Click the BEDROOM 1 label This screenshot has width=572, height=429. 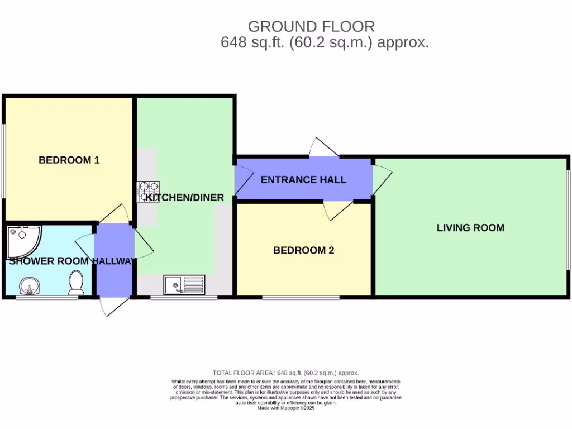[x=69, y=160]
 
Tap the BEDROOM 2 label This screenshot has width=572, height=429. [x=303, y=250]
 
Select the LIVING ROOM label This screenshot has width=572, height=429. [x=470, y=227]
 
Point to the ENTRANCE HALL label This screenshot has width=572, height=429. [x=303, y=179]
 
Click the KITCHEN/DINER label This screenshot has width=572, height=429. [x=185, y=197]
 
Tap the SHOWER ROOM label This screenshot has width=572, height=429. [x=49, y=261]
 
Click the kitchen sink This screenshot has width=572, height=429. [x=184, y=284]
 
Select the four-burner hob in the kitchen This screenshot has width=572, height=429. [x=149, y=192]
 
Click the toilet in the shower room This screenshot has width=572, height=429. [x=75, y=283]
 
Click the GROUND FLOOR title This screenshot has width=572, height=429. [x=311, y=26]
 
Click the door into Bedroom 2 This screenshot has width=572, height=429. [x=335, y=211]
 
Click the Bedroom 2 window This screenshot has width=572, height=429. [x=301, y=297]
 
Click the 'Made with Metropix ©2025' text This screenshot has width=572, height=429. [x=286, y=408]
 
